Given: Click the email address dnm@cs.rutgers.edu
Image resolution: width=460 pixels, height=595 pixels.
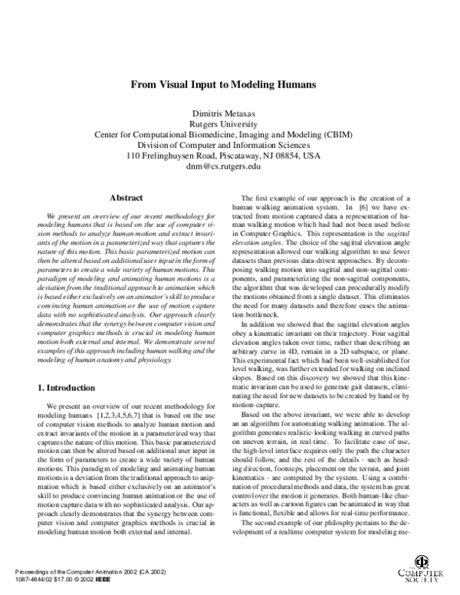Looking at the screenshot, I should coord(230,166).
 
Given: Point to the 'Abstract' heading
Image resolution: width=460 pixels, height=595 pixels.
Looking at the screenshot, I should coord(127,198).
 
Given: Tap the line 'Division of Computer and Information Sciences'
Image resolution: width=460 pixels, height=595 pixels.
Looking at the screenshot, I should coord(230,143).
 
